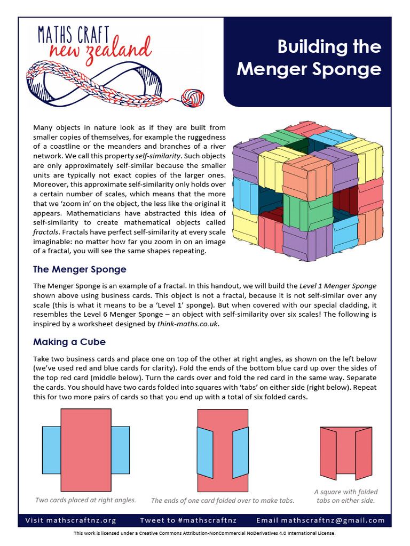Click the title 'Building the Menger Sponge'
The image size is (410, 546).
pos(309,58)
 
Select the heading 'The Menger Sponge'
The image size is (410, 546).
pos(80,269)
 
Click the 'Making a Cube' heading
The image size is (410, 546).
pos(69,342)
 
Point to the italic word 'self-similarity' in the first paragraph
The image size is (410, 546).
pos(157,156)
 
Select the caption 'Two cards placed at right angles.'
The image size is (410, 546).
pos(85,500)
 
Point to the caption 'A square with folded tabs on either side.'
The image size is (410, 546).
pos(345,496)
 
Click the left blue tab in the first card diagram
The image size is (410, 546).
pos(51,450)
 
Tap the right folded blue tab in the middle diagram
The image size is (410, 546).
pos(241,452)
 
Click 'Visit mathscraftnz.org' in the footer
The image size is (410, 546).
pos(70,520)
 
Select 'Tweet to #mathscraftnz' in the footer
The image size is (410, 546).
pos(188,520)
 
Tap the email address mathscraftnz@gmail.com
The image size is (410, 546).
pos(320,520)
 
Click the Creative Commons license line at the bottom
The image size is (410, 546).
pos(205,533)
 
